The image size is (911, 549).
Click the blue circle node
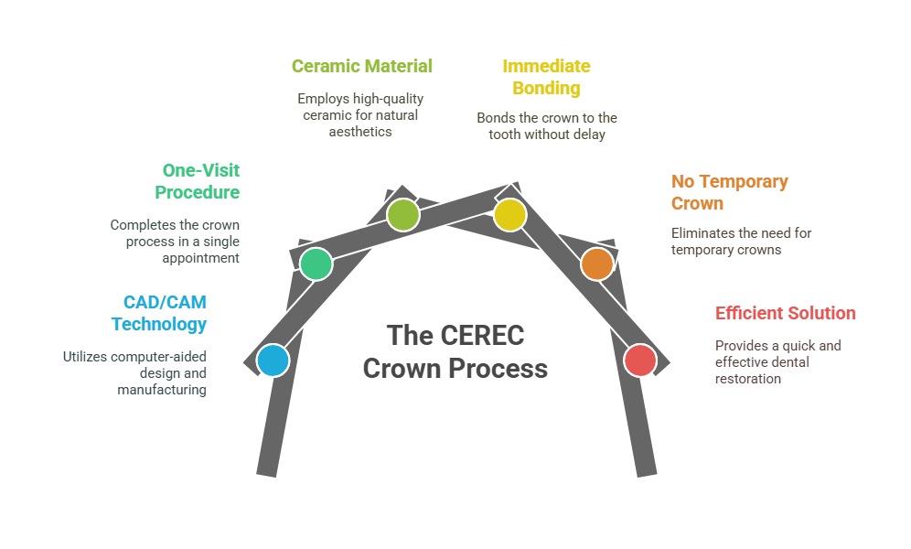click(x=273, y=361)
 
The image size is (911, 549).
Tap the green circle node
click(x=316, y=264)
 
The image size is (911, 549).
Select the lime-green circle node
click(x=402, y=215)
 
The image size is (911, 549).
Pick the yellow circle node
click(x=509, y=215)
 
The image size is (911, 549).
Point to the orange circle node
click(x=596, y=264)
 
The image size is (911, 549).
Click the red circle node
click(x=640, y=360)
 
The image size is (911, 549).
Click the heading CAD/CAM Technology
click(x=159, y=313)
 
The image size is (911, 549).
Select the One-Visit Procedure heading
click(x=198, y=181)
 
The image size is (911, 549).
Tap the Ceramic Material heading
click(x=361, y=66)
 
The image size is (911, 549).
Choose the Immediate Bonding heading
click(x=546, y=77)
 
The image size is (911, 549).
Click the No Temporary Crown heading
click(x=729, y=192)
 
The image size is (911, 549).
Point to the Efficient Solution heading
click(x=786, y=313)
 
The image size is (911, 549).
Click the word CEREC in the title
click(x=480, y=335)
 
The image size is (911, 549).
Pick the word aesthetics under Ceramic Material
click(x=360, y=131)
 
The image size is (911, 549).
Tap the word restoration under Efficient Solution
click(x=747, y=378)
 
